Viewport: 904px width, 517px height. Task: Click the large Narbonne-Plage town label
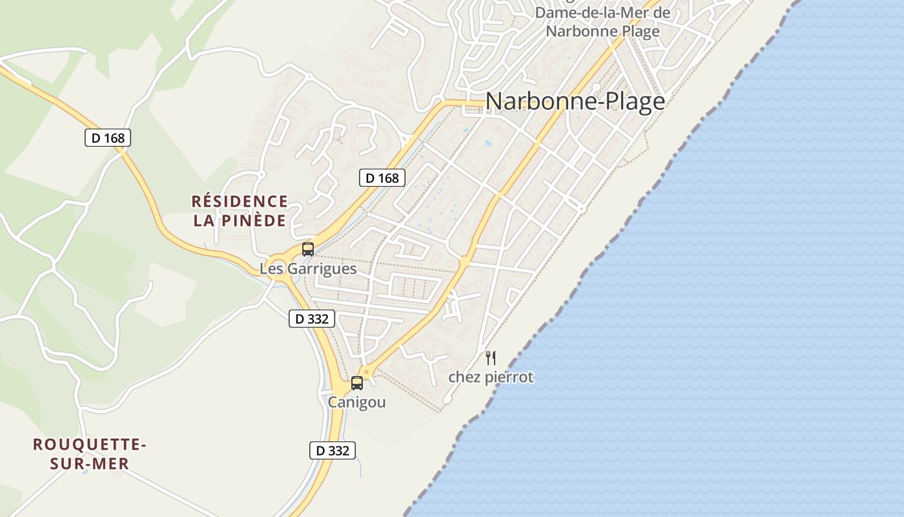575,101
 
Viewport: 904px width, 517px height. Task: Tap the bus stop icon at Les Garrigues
308,249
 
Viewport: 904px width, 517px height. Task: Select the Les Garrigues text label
308,268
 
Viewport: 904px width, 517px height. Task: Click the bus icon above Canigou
357,383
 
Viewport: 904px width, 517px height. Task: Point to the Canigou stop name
357,402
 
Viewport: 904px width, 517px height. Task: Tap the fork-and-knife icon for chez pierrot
491,358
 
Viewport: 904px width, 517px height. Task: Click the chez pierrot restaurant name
491,377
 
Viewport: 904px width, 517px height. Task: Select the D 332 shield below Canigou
333,450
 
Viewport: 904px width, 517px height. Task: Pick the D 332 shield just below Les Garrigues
311,318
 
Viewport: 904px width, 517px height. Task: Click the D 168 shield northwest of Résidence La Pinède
108,138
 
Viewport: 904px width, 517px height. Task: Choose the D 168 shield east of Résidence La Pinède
382,178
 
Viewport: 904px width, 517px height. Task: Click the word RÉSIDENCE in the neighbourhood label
240,202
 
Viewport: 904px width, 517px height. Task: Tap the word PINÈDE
256,221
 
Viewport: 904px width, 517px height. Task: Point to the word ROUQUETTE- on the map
90,445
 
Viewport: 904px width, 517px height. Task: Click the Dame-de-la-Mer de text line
602,13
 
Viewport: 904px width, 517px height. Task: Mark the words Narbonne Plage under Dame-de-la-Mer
602,31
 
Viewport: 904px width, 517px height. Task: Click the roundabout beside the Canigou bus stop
367,372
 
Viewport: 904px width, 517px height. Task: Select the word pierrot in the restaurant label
511,377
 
